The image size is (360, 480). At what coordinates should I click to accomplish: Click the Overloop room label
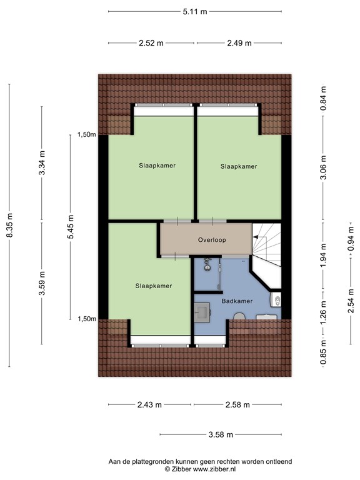point(211,240)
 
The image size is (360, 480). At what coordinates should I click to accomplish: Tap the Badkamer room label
point(237,301)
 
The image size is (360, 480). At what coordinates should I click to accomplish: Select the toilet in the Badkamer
point(276,302)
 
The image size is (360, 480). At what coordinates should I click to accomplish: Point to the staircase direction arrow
point(256,236)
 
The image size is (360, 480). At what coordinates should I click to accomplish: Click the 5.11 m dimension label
point(194,11)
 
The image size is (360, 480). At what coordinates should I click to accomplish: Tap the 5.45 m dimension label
point(71,226)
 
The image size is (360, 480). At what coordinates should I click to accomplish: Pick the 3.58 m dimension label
point(221,434)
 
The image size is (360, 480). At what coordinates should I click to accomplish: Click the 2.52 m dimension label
point(152,43)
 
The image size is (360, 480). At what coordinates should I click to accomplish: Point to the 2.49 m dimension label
point(239,43)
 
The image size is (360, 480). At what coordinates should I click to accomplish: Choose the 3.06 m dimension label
point(323,167)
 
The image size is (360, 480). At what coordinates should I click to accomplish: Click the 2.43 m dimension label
point(149,404)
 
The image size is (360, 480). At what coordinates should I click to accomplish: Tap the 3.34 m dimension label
point(42,164)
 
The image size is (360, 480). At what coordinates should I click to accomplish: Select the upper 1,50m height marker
point(86,134)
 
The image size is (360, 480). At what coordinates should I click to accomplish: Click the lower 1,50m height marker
point(86,319)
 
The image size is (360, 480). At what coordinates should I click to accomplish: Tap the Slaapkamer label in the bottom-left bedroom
point(153,286)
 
